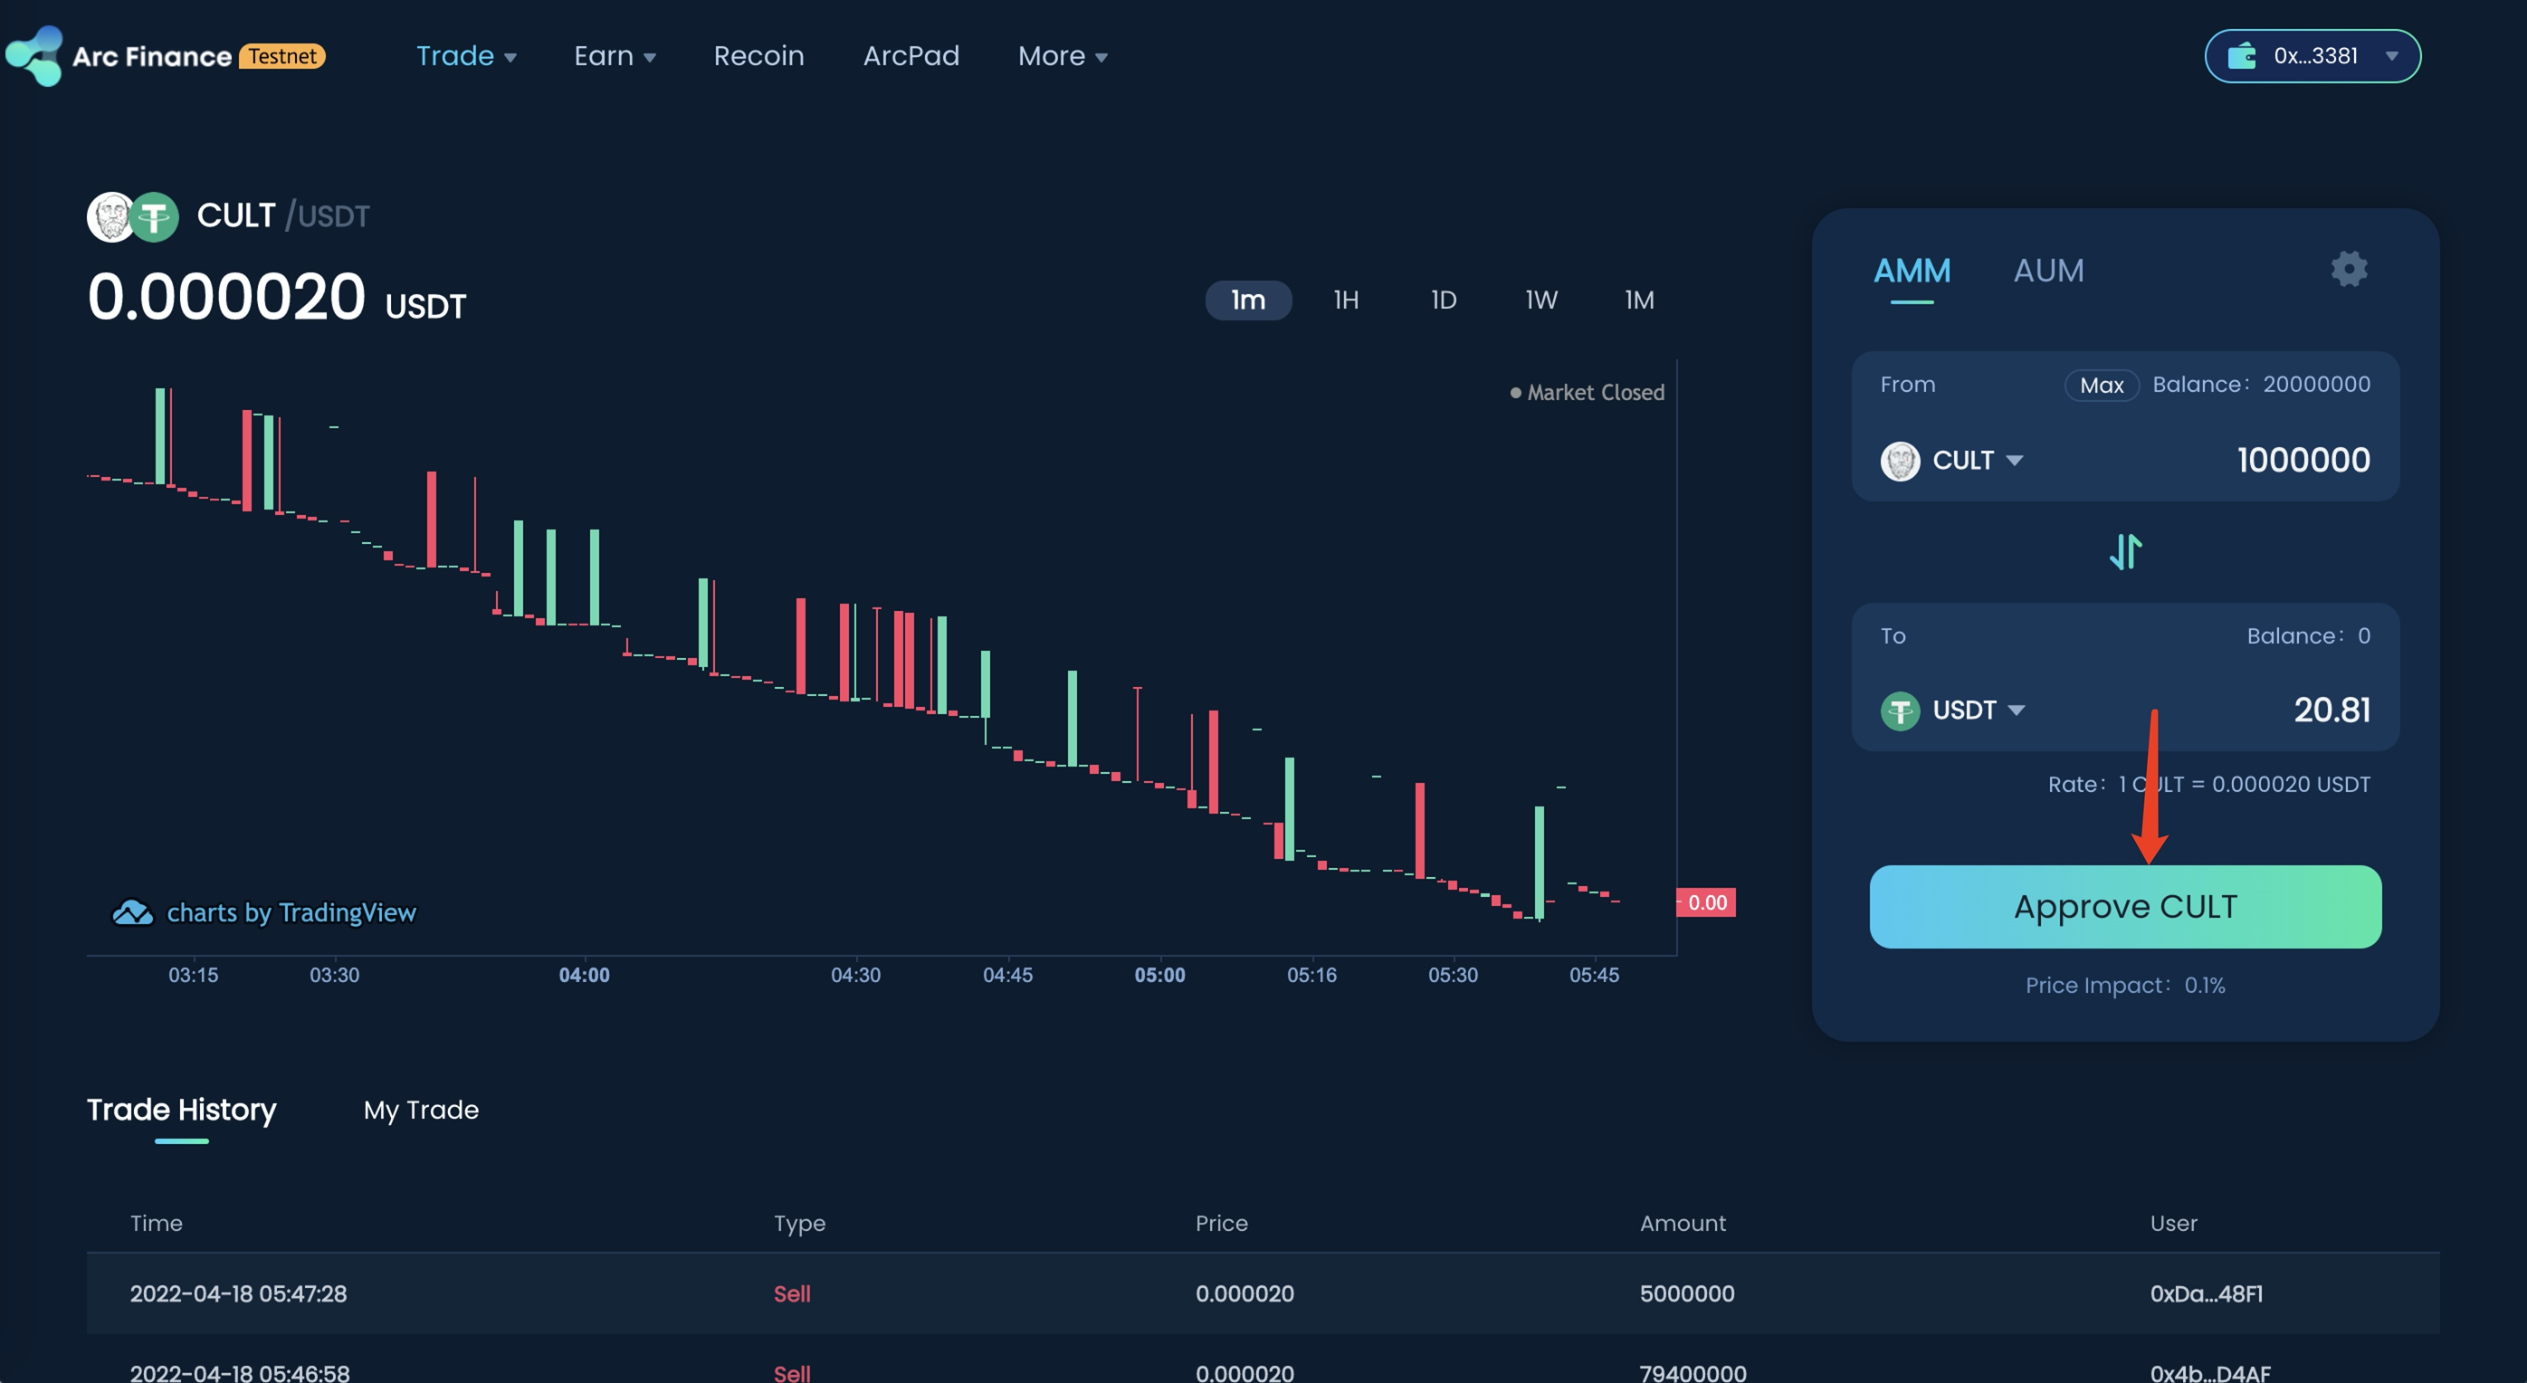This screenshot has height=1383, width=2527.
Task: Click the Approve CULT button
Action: [x=2125, y=906]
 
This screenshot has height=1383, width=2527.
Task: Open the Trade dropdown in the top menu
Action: [x=466, y=56]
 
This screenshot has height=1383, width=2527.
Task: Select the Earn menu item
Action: [x=614, y=56]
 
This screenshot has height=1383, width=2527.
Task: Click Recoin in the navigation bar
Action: [x=758, y=56]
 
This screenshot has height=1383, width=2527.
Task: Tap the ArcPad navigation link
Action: [x=911, y=56]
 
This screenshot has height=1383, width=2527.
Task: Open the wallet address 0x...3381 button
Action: [x=2312, y=56]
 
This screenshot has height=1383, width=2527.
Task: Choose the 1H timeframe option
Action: [x=1346, y=300]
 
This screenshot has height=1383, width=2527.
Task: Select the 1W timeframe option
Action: [x=1540, y=300]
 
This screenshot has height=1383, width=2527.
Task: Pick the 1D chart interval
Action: [x=1443, y=300]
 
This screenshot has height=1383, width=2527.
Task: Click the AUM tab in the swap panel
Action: [x=2048, y=271]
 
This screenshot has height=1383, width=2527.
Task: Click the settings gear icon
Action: [x=2349, y=269]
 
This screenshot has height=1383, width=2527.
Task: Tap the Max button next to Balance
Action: [x=2102, y=386]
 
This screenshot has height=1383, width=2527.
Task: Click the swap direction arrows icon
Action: [x=2125, y=552]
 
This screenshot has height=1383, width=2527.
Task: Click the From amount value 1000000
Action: [x=2303, y=460]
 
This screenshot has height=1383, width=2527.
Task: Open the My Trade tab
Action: [x=421, y=1111]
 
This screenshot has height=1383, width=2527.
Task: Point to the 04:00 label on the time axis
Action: [x=584, y=975]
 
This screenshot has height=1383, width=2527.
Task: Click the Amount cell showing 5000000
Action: [x=1686, y=1293]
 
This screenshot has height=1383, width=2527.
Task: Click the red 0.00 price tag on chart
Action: [x=1706, y=902]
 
